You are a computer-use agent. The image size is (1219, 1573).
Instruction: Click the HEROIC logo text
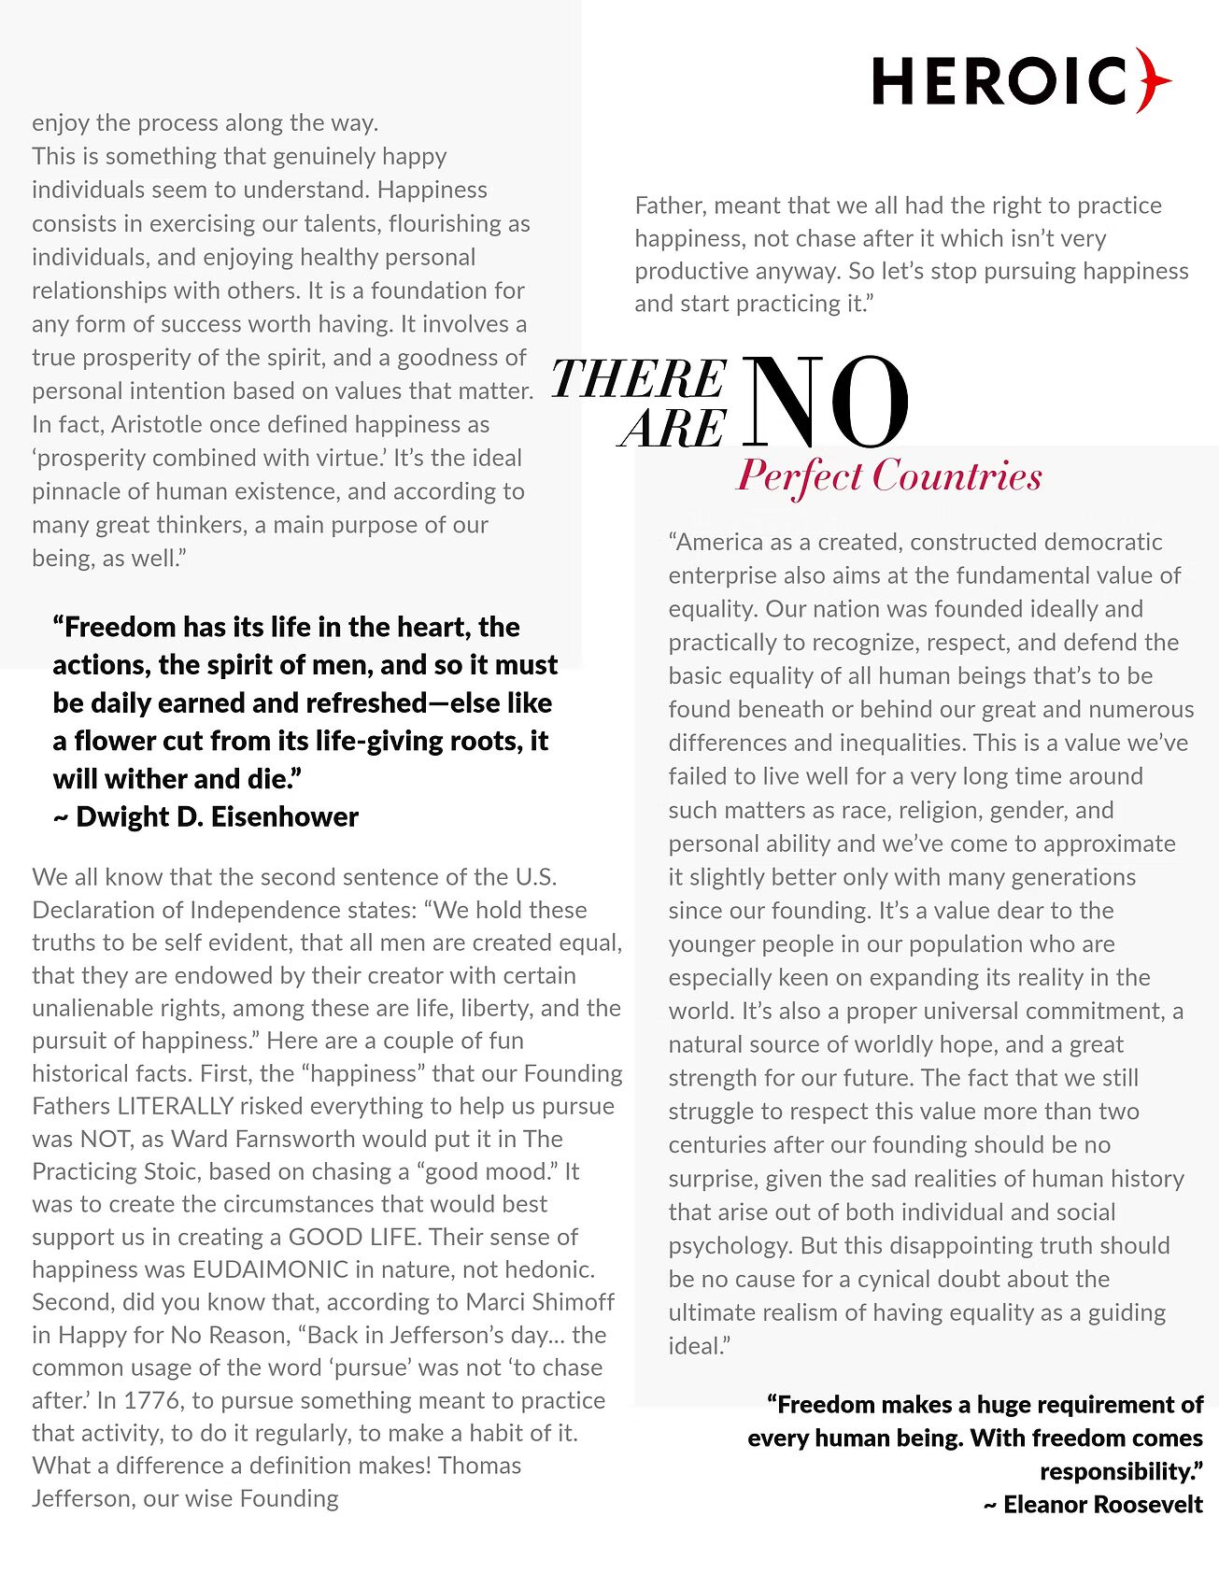click(x=1000, y=80)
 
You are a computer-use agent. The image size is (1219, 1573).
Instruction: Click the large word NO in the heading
click(x=828, y=404)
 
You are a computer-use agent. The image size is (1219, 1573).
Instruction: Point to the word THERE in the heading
click(x=639, y=379)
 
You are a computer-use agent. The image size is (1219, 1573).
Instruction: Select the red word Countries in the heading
click(x=957, y=475)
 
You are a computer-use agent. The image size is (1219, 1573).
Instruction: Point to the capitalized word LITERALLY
click(x=176, y=1106)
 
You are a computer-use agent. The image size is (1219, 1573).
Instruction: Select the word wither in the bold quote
click(x=133, y=778)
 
